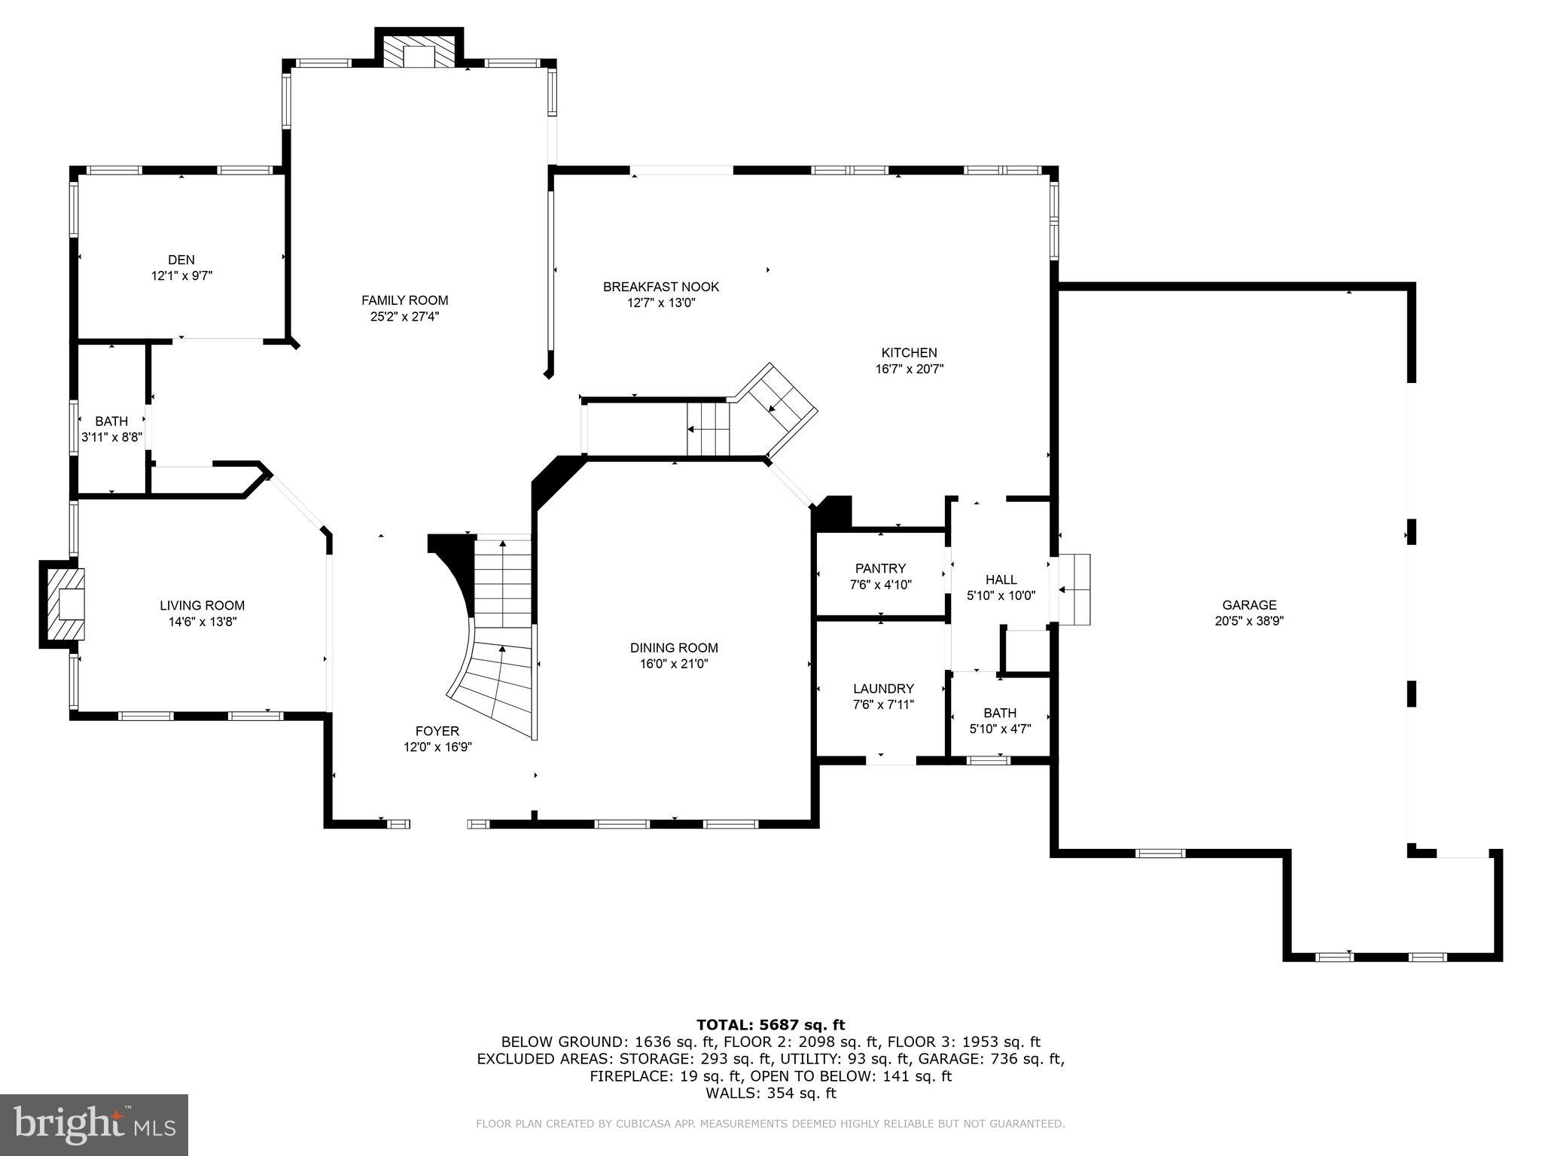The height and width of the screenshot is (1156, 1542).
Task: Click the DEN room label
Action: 181,260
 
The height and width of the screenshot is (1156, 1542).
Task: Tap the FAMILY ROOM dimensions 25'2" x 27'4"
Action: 404,317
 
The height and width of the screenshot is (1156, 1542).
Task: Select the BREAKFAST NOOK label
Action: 660,287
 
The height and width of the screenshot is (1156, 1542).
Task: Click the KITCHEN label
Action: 909,352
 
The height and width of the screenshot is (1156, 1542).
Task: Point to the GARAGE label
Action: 1249,604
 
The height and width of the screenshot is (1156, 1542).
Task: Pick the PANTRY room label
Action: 880,568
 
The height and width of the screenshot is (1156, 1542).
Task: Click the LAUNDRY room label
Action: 883,688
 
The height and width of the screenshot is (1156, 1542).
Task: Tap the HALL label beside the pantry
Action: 1001,579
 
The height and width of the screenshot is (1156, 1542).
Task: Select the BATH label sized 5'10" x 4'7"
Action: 999,713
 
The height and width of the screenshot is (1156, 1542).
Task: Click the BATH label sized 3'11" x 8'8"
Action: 111,421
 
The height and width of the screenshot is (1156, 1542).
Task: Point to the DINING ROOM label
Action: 674,647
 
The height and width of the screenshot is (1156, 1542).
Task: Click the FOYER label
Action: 437,731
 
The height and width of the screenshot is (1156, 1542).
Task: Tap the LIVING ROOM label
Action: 202,605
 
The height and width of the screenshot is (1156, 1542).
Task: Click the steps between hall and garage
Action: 1074,589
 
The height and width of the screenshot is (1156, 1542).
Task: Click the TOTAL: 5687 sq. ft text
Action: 770,1024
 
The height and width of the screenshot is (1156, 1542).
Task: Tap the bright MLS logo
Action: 94,1125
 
